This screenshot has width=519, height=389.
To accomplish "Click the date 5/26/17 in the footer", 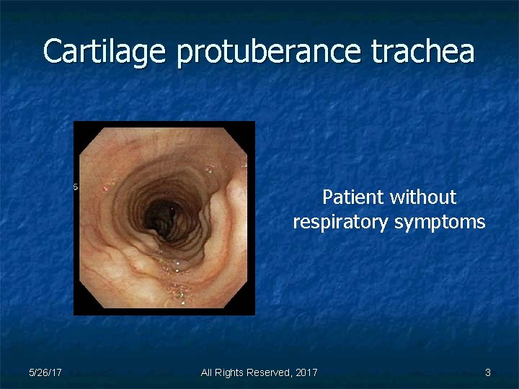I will [45, 372].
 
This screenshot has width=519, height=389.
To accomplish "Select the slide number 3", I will [488, 372].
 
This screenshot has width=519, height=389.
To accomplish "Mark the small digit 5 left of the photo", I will [76, 187].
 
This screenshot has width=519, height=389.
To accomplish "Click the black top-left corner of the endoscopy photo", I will [80, 128].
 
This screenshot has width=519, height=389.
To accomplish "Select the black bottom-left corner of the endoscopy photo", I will [80, 309].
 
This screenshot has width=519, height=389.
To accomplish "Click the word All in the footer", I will [208, 372].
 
